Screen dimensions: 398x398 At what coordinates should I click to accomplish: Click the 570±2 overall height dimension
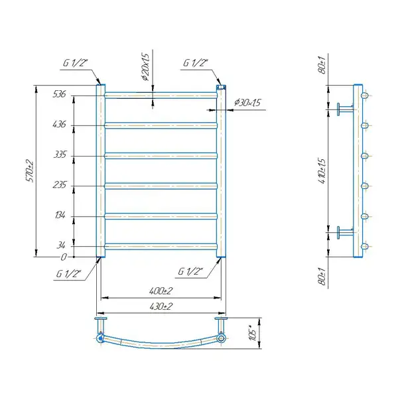(29, 171)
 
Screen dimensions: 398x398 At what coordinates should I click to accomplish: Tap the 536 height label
(59, 94)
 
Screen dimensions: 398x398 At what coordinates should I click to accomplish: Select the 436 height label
(59, 124)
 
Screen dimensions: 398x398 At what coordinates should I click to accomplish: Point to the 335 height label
(60, 155)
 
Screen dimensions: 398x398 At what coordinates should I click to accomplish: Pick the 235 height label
(60, 184)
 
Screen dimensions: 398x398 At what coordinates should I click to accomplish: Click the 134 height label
(60, 215)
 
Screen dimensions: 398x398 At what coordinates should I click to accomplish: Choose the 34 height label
(61, 245)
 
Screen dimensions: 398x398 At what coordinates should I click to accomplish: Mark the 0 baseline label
(64, 257)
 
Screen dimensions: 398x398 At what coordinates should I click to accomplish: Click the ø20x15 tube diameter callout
(145, 67)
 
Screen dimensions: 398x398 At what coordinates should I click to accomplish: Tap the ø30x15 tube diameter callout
(247, 103)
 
